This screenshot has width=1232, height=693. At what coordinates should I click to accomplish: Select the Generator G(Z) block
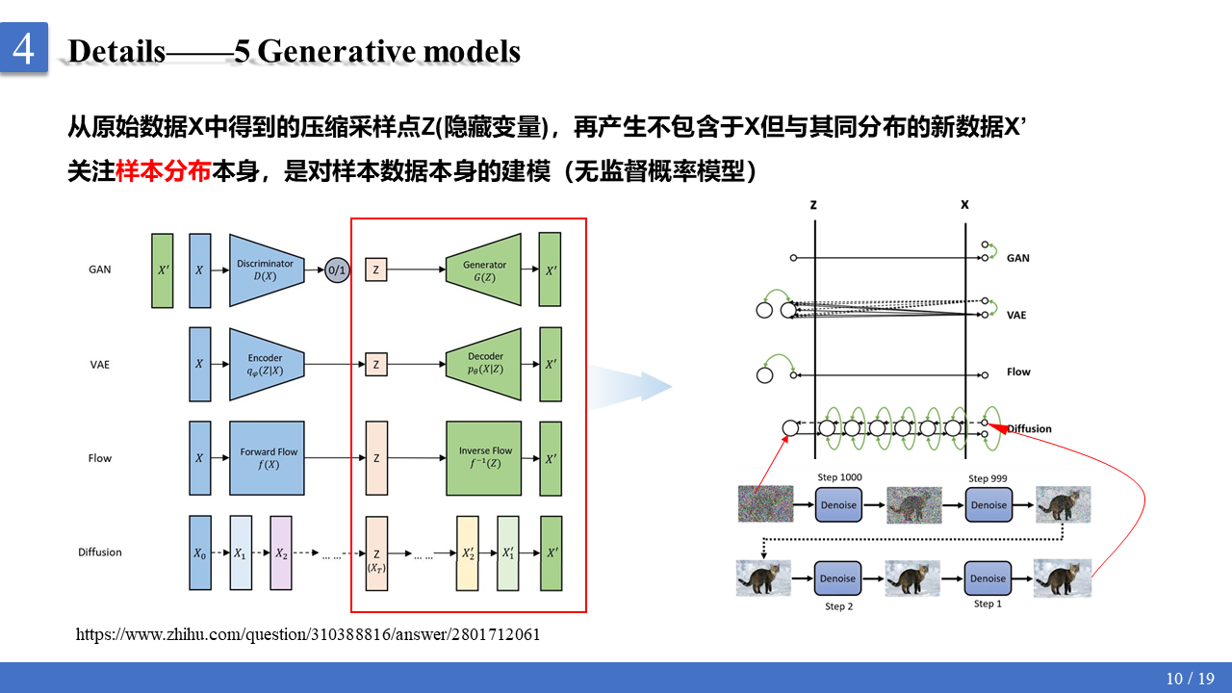point(485,269)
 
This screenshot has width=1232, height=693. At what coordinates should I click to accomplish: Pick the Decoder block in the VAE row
point(485,364)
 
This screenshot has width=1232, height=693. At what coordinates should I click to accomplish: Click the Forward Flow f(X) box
point(268,458)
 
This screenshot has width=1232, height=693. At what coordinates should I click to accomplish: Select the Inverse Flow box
point(485,458)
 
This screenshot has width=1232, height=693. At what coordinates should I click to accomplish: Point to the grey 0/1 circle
point(337,270)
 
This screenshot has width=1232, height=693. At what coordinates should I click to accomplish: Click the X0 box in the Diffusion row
point(199,553)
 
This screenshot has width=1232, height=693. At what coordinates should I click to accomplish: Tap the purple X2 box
point(281,553)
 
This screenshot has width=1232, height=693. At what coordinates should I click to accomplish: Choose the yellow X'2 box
point(468,553)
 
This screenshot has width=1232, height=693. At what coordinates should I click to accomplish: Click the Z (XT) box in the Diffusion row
point(376,553)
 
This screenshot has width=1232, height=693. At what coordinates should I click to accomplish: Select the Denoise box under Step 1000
point(837,504)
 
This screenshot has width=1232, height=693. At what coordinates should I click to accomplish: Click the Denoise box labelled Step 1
point(988,578)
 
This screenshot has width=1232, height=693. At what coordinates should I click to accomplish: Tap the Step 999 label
point(988,478)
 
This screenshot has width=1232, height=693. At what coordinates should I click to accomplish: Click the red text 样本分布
point(163,171)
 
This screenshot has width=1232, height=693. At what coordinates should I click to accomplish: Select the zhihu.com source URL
point(308,634)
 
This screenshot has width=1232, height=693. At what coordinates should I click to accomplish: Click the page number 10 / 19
point(1190,679)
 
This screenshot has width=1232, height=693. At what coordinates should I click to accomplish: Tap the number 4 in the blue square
point(24,47)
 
